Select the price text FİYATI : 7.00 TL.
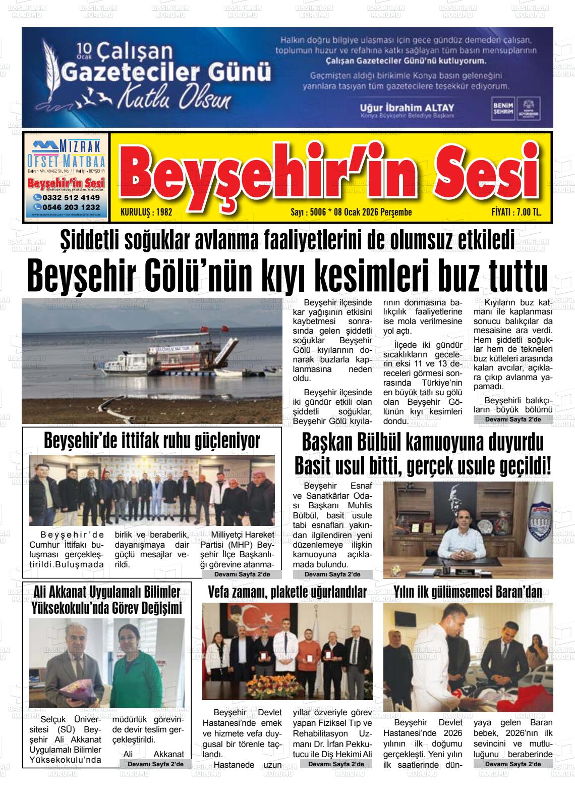[516, 213]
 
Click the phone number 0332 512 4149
[67, 197]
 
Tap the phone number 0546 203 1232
[67, 207]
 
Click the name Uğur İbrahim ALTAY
[407, 108]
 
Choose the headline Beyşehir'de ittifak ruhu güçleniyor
[152, 441]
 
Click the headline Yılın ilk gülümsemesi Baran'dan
[468, 592]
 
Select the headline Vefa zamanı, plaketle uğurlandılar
[287, 592]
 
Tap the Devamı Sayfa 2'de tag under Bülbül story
[333, 574]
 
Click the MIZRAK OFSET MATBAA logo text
[67, 153]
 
